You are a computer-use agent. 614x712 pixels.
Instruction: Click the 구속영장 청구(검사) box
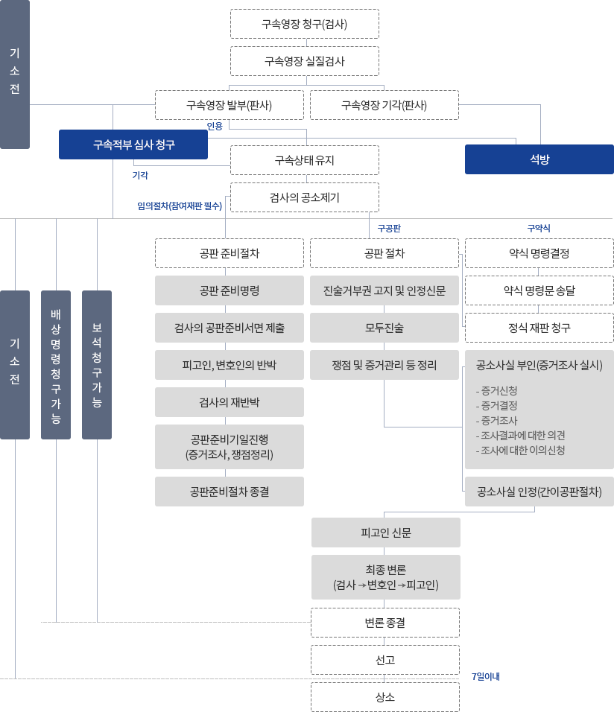point(304,24)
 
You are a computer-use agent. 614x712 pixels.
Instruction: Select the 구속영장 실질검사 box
point(304,61)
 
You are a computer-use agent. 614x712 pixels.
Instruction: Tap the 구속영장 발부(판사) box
point(229,105)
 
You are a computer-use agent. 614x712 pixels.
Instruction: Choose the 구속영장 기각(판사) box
point(384,105)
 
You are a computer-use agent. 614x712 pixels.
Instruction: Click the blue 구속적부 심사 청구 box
point(133,144)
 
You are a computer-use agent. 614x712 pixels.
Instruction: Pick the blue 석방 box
point(539,159)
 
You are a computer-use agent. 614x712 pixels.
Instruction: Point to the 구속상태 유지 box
point(304,160)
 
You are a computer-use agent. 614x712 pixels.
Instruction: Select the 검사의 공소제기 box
point(304,197)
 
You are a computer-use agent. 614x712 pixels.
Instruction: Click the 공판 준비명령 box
point(229,290)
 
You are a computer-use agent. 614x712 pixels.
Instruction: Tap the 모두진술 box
point(384,328)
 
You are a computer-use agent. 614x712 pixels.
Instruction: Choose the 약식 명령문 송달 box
point(539,290)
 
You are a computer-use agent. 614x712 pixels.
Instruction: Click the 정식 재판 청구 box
point(539,328)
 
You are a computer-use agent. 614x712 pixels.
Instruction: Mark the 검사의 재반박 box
point(229,402)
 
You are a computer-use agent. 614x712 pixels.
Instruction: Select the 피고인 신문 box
point(385,533)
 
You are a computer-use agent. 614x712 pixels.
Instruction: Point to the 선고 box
point(385,660)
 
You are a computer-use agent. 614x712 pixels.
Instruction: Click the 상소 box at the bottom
point(385,697)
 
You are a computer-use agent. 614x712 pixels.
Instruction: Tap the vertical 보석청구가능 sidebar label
point(96,364)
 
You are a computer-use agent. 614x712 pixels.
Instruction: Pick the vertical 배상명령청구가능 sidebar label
point(55,364)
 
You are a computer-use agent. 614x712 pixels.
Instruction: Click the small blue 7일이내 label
point(485,676)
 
